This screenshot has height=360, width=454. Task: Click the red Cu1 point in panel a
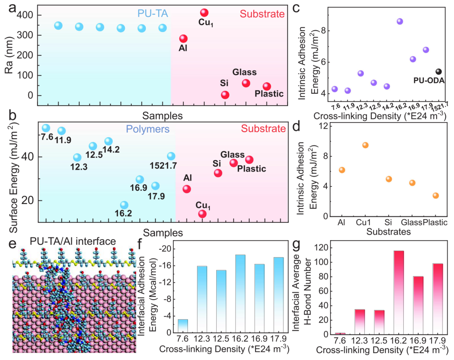[x=204, y=13]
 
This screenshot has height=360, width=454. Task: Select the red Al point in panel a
[x=183, y=39]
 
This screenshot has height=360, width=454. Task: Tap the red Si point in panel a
[x=225, y=95]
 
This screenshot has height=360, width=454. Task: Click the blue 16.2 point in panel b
[x=124, y=205]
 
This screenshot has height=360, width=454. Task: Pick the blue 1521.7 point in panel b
[x=171, y=156]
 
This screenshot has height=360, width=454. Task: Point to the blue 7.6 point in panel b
[x=46, y=128]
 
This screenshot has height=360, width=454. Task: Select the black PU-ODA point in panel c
[x=438, y=71]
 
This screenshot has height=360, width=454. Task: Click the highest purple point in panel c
[x=400, y=21]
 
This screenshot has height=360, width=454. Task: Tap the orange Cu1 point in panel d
[x=365, y=145]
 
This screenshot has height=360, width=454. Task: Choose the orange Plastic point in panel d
[x=436, y=195]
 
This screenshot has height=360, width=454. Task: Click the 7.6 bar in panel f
[x=182, y=326]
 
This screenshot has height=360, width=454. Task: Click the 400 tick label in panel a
[x=25, y=16]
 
